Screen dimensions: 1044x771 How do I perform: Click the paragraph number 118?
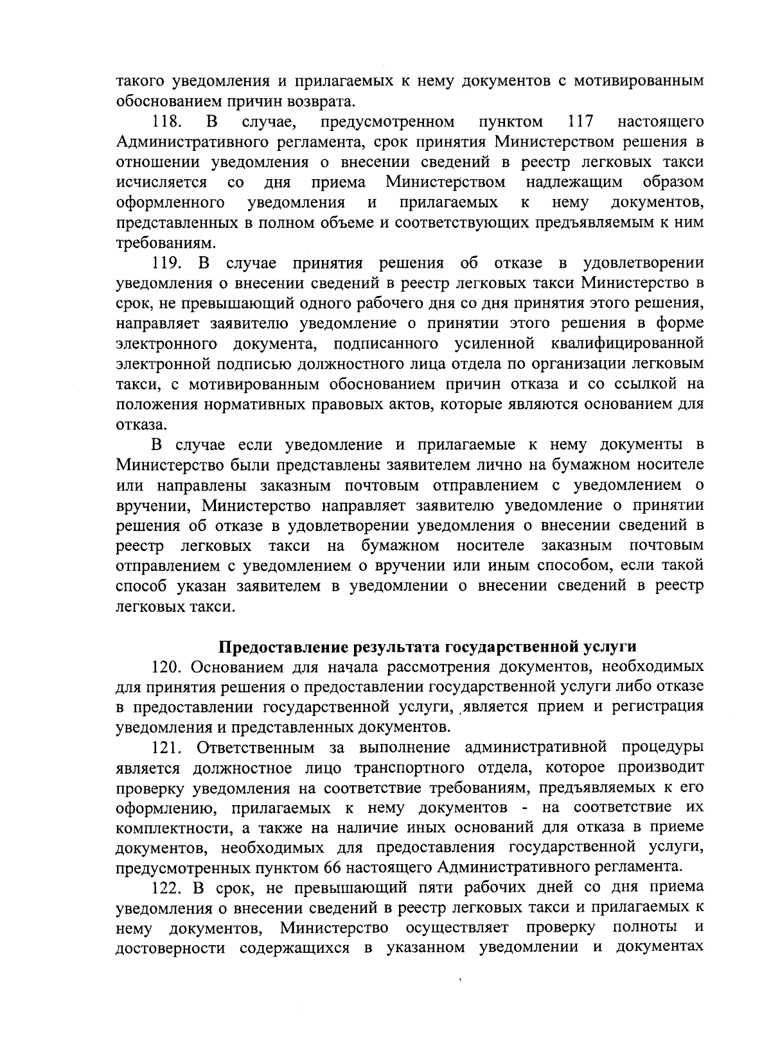tap(168, 121)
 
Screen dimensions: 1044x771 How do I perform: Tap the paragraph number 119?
tap(168, 263)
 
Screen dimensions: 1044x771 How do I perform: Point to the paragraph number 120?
tap(168, 666)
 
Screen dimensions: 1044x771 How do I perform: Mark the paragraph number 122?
tap(168, 888)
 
